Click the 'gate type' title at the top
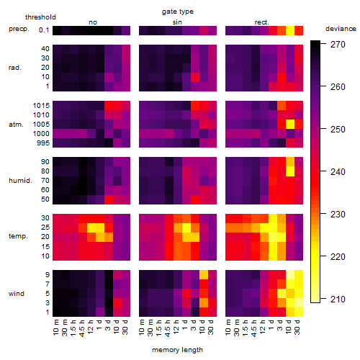[178, 12]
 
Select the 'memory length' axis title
[177, 350]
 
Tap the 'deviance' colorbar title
[341, 29]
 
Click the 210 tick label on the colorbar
[338, 300]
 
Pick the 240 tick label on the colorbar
[338, 172]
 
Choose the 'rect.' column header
[261, 22]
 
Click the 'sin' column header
[177, 22]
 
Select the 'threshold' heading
[40, 17]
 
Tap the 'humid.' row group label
[20, 181]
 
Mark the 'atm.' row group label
[16, 125]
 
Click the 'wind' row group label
[17, 294]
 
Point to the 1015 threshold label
[41, 106]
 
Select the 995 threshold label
[43, 143]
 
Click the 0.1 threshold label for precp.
[44, 30]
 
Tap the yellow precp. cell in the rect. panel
[290, 30]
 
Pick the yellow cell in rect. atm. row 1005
[290, 125]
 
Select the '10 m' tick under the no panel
[57, 328]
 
